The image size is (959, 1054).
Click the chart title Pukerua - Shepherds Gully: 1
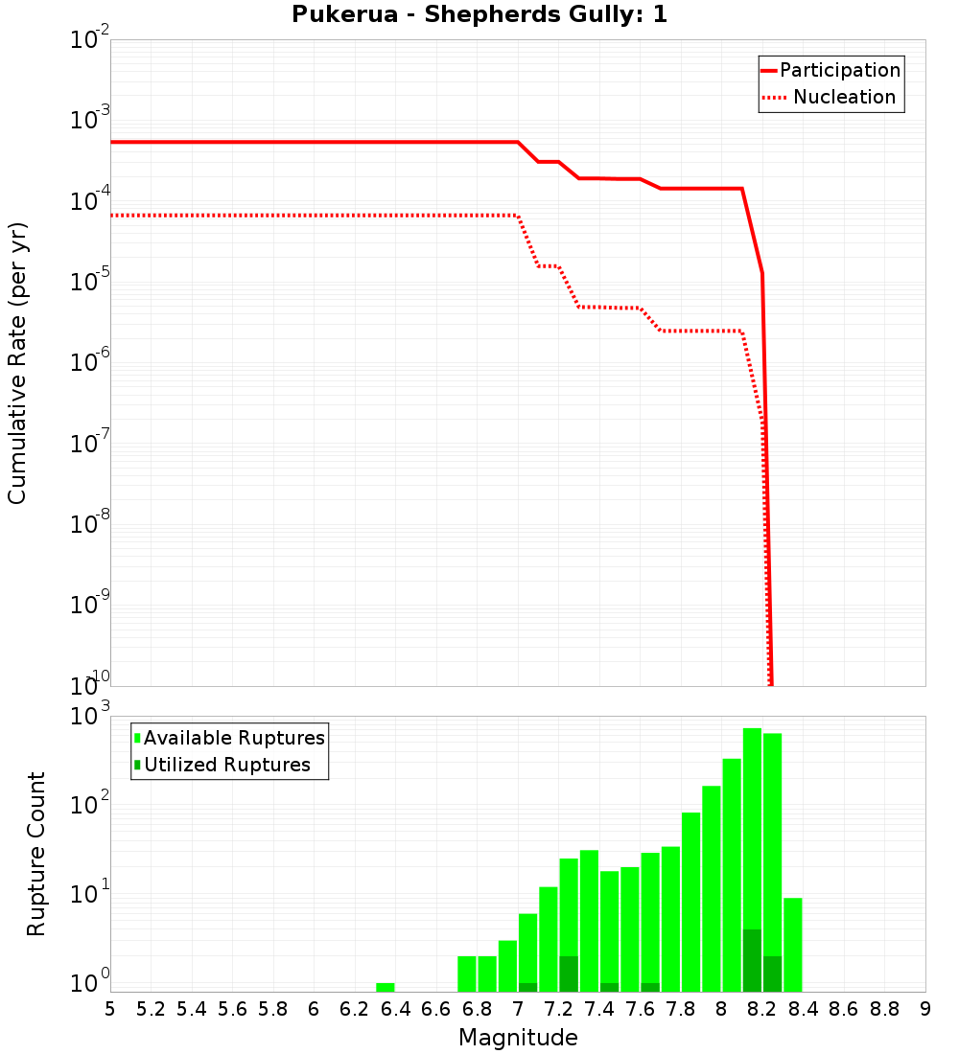click(479, 15)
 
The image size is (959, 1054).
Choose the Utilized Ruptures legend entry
click(226, 765)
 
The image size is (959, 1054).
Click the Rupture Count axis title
click(36, 854)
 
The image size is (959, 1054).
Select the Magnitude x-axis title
click(518, 1038)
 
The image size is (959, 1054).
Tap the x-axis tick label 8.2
click(762, 1009)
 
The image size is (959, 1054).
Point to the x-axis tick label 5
click(110, 1009)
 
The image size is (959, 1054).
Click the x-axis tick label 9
click(925, 1009)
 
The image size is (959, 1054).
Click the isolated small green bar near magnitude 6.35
click(386, 987)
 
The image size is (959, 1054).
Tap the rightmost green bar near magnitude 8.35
click(793, 944)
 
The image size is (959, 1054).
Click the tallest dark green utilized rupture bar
click(752, 960)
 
